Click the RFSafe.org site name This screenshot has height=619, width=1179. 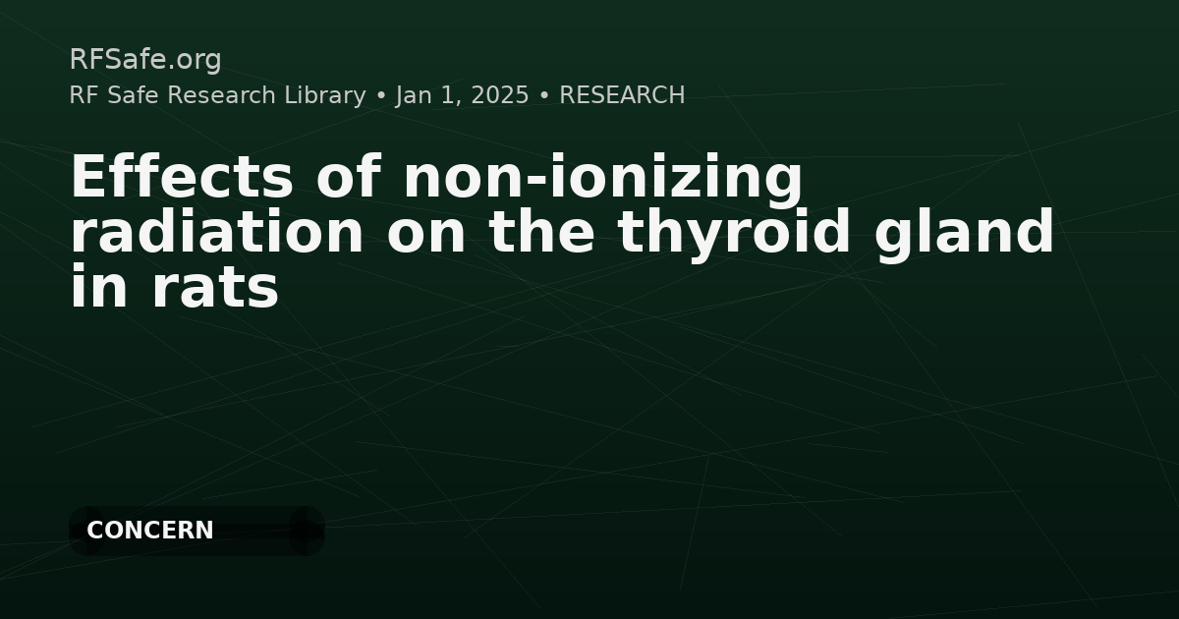click(x=145, y=59)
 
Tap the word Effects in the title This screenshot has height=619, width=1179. click(x=182, y=176)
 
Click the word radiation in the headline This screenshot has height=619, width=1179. click(x=217, y=232)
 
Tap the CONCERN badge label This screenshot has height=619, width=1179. click(x=150, y=530)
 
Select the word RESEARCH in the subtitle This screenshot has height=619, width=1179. click(x=622, y=95)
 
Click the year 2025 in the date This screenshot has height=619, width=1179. click(x=499, y=95)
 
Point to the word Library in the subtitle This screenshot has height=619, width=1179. click(x=325, y=96)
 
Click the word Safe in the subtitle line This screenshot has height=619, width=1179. click(x=133, y=95)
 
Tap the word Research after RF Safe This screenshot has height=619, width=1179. click(x=221, y=95)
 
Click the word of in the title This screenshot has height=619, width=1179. click(x=349, y=176)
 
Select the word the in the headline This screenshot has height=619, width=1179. click(x=541, y=232)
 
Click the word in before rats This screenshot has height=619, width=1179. click(x=99, y=285)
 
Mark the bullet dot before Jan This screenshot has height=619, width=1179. click(x=381, y=96)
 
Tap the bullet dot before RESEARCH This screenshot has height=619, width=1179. click(x=544, y=96)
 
